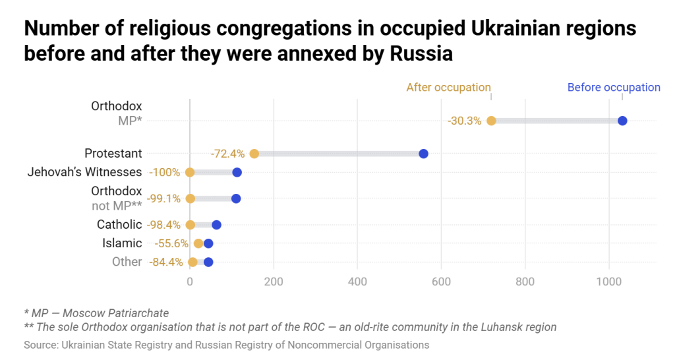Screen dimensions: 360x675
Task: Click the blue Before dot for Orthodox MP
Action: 622,121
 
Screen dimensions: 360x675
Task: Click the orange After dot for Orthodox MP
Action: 491,121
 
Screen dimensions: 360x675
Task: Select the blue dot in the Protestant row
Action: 423,154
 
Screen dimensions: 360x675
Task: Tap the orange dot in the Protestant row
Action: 254,154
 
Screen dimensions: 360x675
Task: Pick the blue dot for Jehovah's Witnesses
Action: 237,173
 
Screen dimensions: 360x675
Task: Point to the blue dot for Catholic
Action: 216,225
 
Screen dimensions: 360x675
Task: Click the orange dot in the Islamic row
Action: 198,243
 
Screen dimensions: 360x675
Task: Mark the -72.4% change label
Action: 227,154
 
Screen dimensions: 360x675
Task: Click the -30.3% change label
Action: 464,121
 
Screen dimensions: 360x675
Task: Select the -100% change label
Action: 164,173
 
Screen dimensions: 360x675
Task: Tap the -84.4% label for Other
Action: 166,262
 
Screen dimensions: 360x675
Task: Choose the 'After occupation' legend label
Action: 448,87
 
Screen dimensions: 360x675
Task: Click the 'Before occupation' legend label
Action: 614,87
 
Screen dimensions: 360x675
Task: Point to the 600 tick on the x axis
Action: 441,282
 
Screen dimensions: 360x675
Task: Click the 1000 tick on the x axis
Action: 608,282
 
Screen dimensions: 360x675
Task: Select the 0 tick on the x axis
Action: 190,282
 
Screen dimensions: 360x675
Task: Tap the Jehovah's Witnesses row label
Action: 84,172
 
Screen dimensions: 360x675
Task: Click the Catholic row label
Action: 119,225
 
